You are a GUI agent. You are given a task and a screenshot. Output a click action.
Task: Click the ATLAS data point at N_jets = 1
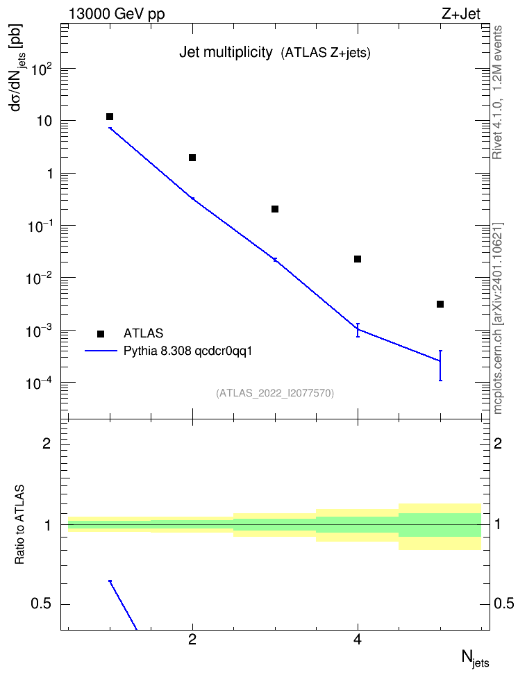(x=110, y=117)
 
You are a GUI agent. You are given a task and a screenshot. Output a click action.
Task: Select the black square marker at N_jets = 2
(x=192, y=158)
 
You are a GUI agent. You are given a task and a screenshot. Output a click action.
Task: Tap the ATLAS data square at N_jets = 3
(x=275, y=209)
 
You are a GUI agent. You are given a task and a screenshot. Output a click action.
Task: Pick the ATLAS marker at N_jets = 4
(x=358, y=259)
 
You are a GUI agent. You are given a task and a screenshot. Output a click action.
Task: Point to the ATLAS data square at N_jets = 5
(x=440, y=304)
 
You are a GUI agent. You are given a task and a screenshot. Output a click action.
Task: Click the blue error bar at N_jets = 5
(x=440, y=365)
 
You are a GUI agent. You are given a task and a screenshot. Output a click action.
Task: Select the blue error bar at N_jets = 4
(x=358, y=330)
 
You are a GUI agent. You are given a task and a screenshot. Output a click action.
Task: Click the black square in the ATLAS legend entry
(x=101, y=333)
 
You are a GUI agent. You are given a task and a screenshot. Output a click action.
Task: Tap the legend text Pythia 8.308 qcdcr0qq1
(x=187, y=351)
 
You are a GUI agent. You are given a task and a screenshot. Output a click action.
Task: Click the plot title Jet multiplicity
(x=226, y=53)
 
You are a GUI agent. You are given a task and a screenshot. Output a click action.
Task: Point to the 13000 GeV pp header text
(x=117, y=14)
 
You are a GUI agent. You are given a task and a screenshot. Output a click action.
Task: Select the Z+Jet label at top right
(x=461, y=14)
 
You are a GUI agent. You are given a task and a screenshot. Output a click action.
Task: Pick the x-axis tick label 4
(x=358, y=640)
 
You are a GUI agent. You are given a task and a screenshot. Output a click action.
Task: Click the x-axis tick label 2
(x=192, y=640)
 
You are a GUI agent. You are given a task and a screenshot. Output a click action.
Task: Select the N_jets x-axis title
(x=476, y=658)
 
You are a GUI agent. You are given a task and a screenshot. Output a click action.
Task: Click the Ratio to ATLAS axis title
(x=19, y=525)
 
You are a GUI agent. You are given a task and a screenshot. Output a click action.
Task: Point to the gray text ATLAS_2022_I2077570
(x=275, y=393)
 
